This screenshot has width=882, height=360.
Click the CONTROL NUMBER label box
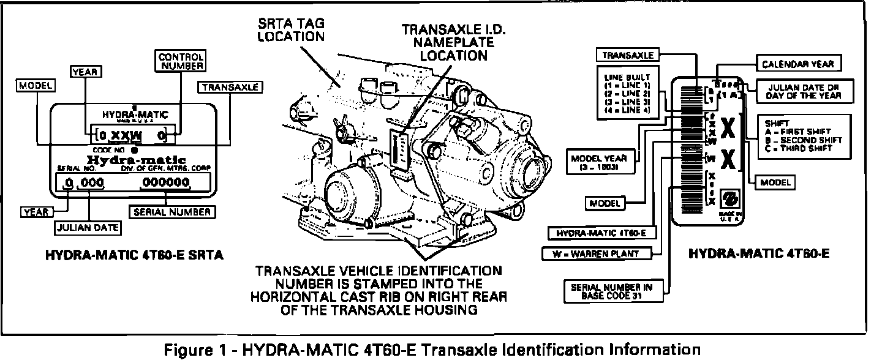(x=181, y=61)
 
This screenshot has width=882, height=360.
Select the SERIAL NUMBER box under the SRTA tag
(x=171, y=212)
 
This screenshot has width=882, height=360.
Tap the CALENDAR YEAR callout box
(x=797, y=64)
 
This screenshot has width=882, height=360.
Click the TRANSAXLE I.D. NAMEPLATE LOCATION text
(x=445, y=42)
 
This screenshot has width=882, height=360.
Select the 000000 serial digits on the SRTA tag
(x=164, y=182)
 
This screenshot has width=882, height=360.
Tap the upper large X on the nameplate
(x=727, y=129)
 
